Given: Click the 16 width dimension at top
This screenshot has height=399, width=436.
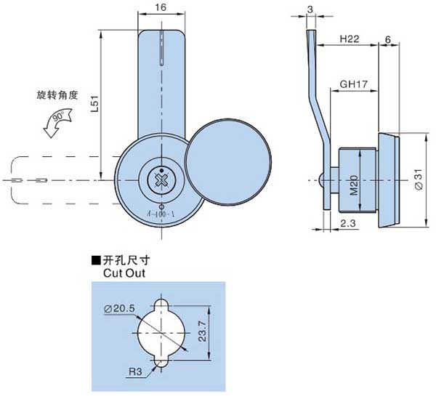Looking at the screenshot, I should click(161, 7).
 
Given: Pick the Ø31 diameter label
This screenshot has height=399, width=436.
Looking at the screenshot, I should click(417, 177).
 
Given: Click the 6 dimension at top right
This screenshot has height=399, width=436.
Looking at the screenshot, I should click(389, 39).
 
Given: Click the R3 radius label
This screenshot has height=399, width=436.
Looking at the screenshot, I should click(135, 371).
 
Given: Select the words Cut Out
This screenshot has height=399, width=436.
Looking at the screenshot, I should click(124, 273).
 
